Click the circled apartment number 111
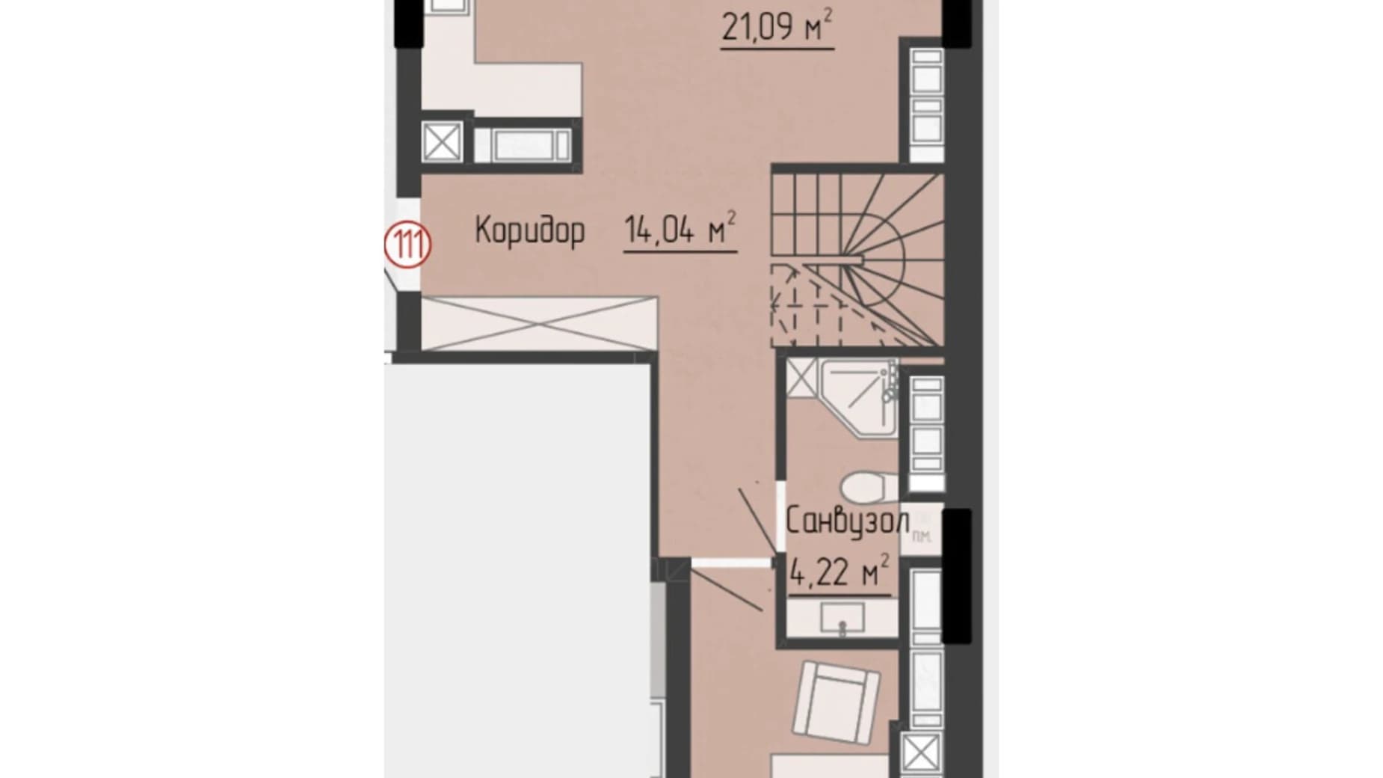[407, 245]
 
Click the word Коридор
[529, 230]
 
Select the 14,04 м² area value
[680, 230]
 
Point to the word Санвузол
[847, 521]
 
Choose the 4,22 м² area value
[840, 573]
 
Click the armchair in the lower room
[837, 701]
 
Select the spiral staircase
[857, 259]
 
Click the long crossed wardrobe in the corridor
[540, 323]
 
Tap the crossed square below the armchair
[920, 753]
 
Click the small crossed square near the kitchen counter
[441, 141]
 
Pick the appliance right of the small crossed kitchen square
[522, 144]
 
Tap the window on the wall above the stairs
[926, 105]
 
